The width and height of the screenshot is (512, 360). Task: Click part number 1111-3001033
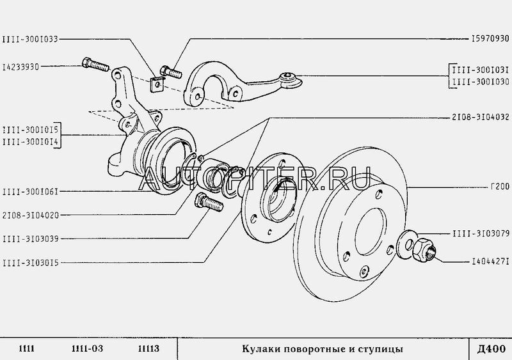tap(30, 39)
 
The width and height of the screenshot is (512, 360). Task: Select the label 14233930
tap(20, 67)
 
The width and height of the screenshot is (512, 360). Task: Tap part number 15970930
tap(490, 38)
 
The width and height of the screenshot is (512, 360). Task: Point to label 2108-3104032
tap(481, 117)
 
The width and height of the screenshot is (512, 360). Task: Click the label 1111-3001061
tap(30, 192)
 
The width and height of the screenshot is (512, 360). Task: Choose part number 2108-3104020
tap(30, 215)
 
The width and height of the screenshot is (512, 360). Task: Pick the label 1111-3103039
tap(30, 239)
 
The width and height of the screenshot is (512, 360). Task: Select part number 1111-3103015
tap(30, 263)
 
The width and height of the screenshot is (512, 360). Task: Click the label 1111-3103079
tap(481, 233)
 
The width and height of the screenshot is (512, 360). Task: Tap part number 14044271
tap(490, 262)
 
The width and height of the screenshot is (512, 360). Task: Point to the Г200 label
tap(500, 186)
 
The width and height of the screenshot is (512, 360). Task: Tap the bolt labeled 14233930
tap(95, 65)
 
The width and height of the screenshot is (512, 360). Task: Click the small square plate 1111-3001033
tap(157, 84)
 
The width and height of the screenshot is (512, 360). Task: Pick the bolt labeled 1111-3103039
tap(209, 202)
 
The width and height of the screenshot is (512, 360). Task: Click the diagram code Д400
tap(491, 349)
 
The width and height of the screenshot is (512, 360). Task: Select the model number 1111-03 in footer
tap(87, 348)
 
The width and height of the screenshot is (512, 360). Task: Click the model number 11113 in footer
tap(149, 348)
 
